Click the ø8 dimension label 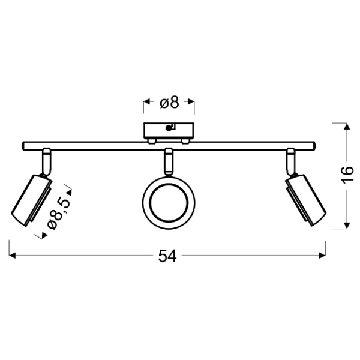click(169, 103)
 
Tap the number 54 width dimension click(167, 256)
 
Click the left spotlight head click(31, 201)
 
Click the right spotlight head click(305, 200)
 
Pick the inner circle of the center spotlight click(169, 203)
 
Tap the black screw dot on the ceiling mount click(169, 128)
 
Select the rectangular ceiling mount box click(169, 130)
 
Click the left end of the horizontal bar click(23, 146)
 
